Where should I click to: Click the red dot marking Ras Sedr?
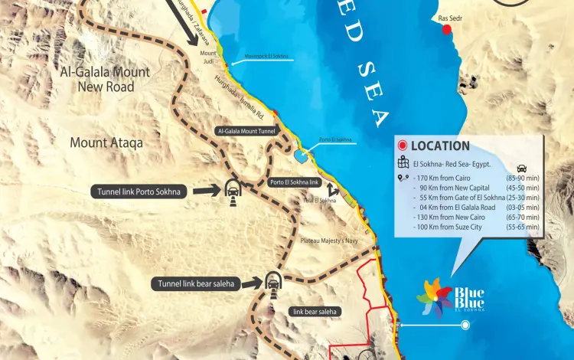pos(447,29)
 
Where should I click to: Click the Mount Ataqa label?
pos(106,142)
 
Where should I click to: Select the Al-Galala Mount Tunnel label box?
pos(248,131)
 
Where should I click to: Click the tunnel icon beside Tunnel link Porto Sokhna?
pos(230,190)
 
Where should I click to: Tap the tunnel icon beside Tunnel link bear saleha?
pos(272,282)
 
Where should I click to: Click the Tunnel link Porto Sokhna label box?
pos(139,191)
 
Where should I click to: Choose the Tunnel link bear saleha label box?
pos(197,283)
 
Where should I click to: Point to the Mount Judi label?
pos(208,58)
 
